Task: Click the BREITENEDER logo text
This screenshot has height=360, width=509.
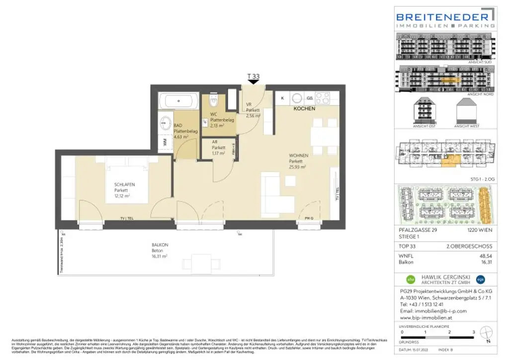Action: (x=445, y=15)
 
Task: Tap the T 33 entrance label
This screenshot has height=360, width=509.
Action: (x=254, y=77)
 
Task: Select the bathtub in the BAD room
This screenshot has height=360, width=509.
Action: (x=179, y=102)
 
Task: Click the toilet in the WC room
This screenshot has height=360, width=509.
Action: (x=214, y=102)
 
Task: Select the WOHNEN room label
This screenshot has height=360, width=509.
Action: (x=299, y=156)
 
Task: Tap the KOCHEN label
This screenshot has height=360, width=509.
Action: (x=304, y=108)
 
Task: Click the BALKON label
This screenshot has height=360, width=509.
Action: (x=160, y=245)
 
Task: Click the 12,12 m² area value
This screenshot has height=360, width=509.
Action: (x=124, y=196)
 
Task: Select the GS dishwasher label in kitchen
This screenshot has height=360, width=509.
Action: (x=309, y=98)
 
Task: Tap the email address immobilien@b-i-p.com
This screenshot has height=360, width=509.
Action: (x=426, y=311)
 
